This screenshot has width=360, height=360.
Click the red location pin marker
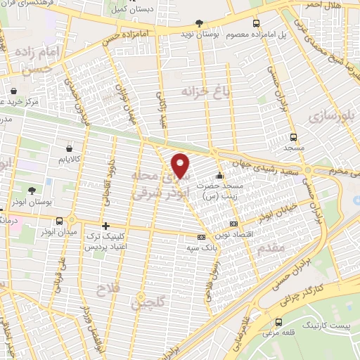click(181, 166)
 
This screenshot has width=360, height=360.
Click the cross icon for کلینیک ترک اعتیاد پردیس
click(105, 226)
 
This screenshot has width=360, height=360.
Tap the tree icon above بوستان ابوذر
click(31, 190)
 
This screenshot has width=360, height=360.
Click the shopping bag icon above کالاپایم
click(69, 148)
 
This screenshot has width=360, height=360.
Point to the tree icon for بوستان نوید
click(200, 22)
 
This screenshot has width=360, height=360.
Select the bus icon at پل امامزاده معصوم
click(256, 22)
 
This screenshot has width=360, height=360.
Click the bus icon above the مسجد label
click(292, 138)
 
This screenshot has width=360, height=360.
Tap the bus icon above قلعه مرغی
click(280, 322)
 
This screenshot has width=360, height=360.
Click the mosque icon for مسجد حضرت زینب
click(220, 176)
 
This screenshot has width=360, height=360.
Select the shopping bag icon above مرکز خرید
click(15, 90)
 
